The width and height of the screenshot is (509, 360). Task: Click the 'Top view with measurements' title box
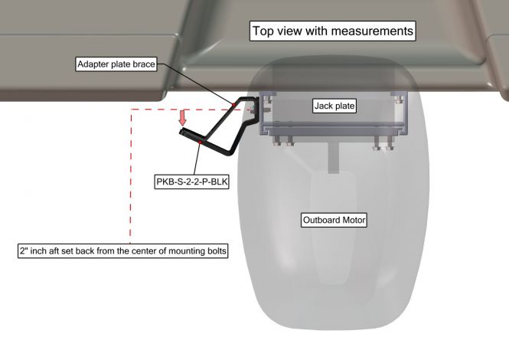(332, 31)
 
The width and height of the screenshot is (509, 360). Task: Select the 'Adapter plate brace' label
(116, 64)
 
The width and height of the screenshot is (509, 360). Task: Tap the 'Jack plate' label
(334, 106)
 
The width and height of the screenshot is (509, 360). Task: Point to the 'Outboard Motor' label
(334, 220)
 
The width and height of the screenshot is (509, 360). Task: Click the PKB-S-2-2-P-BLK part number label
(191, 182)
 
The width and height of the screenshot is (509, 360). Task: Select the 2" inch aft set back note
(122, 250)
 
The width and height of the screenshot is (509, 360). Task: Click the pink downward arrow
(183, 118)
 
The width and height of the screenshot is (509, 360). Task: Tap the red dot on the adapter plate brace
(233, 105)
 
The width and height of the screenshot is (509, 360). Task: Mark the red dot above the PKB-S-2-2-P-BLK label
(201, 142)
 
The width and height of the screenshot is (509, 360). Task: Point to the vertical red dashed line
(130, 176)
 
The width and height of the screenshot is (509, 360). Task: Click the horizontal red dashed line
(191, 110)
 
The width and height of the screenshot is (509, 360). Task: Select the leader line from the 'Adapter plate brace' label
(195, 83)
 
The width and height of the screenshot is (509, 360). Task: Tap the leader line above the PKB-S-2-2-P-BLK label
(197, 159)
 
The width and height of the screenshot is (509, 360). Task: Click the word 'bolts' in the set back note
(216, 250)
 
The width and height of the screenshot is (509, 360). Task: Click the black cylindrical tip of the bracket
(183, 133)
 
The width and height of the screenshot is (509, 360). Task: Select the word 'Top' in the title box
(262, 31)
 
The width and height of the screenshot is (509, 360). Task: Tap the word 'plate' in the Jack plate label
(344, 106)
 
